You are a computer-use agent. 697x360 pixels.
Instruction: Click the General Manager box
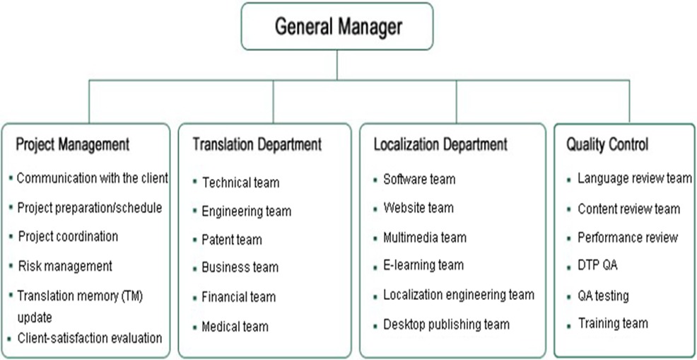(337, 27)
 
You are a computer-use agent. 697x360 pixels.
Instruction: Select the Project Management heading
(73, 144)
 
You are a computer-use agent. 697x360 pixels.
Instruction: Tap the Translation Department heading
(257, 144)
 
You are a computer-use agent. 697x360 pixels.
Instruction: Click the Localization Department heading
(440, 144)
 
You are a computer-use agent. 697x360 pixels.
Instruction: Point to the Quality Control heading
(607, 144)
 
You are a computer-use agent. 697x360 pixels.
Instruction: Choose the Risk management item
(64, 266)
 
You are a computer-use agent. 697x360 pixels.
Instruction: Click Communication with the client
(92, 178)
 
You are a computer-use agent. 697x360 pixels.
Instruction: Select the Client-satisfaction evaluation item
(89, 337)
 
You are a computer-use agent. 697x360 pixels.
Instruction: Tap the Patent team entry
(232, 240)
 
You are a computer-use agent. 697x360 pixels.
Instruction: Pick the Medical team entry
(235, 326)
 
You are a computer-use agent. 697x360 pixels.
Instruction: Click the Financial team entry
(239, 297)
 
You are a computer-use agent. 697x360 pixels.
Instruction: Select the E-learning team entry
(423, 265)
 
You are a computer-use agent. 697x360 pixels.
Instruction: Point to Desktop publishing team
(446, 325)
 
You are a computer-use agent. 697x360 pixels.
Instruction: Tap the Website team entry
(418, 208)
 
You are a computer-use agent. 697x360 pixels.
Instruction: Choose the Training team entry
(613, 323)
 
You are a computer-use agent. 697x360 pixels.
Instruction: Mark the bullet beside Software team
(375, 180)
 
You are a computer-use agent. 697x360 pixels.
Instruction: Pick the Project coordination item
(67, 236)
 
